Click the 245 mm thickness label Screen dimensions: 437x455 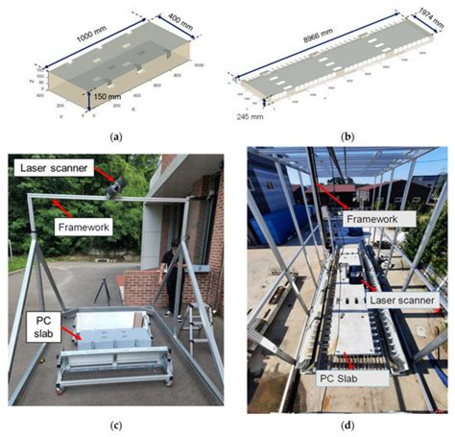coord(251,115)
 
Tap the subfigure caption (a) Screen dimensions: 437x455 coord(116,136)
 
